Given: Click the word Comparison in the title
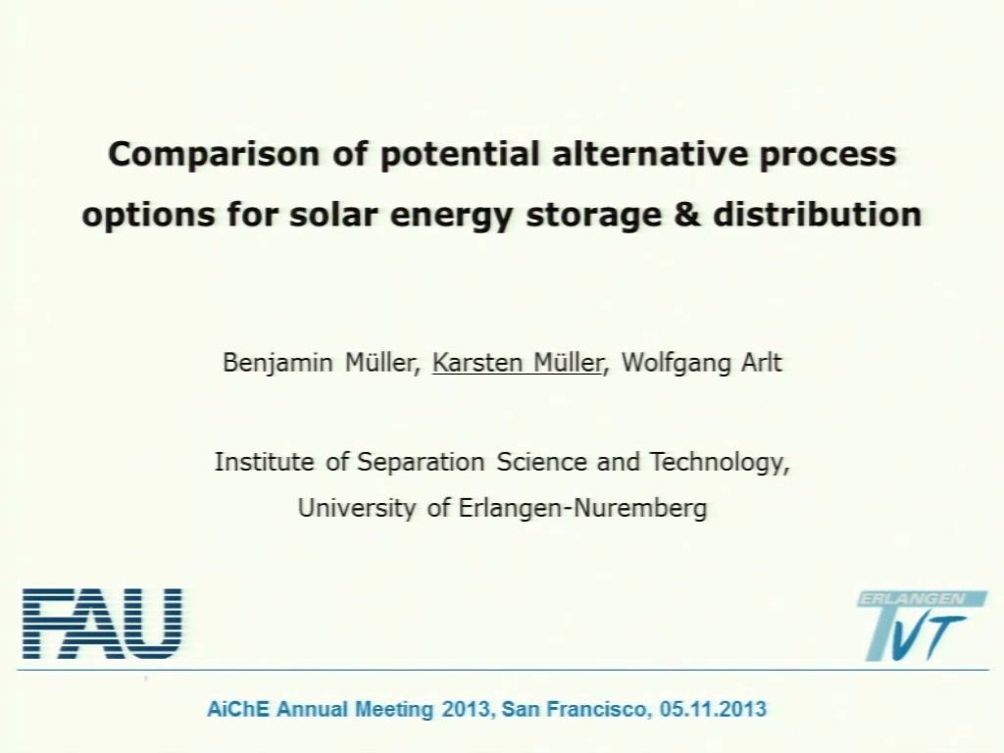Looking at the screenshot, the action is (x=213, y=155).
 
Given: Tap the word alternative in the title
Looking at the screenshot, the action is (x=649, y=154).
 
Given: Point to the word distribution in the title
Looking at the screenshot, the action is (x=818, y=214).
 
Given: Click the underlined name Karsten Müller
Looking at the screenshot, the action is (x=518, y=363).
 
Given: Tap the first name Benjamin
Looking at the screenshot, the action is (x=277, y=363).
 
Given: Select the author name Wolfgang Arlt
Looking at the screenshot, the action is (x=702, y=363).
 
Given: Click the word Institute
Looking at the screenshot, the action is (x=264, y=462).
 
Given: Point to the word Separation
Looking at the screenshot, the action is (x=420, y=462).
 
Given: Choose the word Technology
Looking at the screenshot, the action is (x=720, y=463).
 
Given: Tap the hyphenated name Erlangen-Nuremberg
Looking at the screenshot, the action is (x=582, y=508).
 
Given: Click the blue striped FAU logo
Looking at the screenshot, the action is (x=102, y=624).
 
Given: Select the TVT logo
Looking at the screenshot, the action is (x=922, y=626).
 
